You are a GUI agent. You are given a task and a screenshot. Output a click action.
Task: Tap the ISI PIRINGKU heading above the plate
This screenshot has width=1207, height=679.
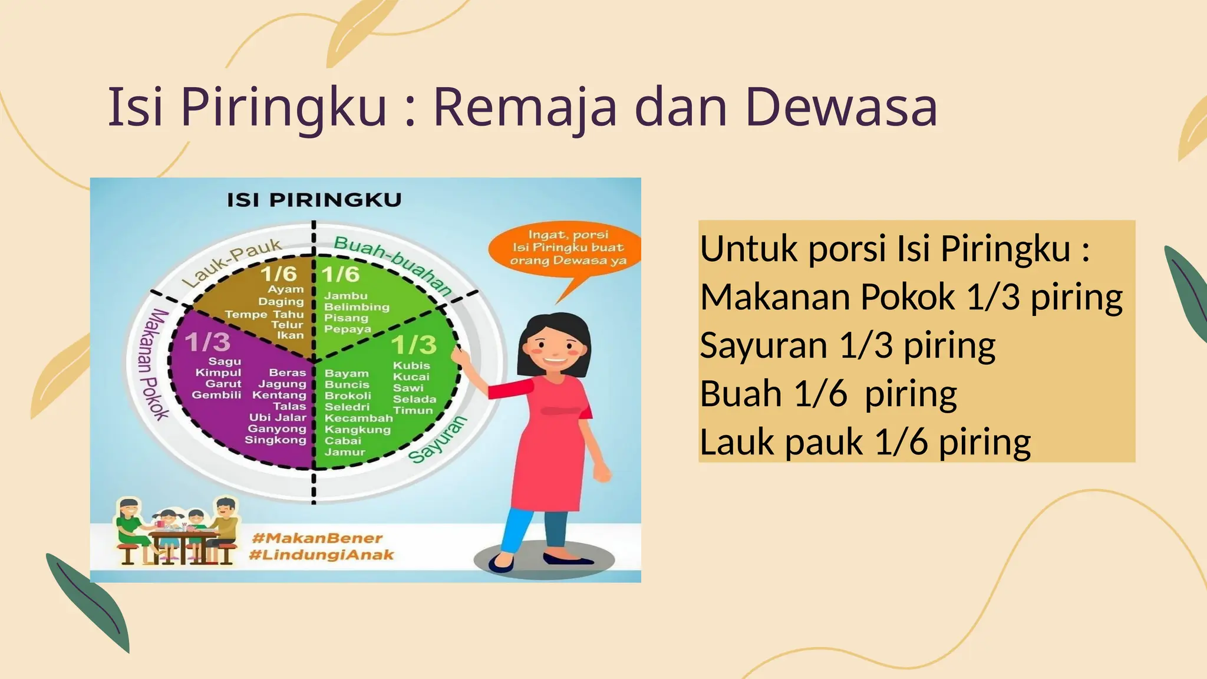click(x=314, y=200)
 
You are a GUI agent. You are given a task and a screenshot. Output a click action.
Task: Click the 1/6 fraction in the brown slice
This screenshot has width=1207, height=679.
click(x=278, y=273)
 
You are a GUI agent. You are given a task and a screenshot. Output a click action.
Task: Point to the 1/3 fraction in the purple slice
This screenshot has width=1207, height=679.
click(x=207, y=342)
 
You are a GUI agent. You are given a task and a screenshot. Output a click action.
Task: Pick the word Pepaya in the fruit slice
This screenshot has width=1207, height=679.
click(x=347, y=329)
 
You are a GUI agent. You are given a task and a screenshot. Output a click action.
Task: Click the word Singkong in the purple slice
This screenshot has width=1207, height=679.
click(x=275, y=440)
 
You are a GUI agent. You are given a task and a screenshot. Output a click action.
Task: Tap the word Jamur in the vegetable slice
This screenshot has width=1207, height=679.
click(x=345, y=452)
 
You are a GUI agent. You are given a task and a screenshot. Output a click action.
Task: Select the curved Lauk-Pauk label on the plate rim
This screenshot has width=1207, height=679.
click(x=232, y=262)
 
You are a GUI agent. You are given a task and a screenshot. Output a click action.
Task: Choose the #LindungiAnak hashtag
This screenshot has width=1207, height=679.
click(x=321, y=555)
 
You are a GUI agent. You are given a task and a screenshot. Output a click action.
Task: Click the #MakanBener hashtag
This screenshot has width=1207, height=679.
click(x=317, y=538)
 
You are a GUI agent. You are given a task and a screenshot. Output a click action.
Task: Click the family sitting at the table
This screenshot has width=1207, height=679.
click(x=177, y=530)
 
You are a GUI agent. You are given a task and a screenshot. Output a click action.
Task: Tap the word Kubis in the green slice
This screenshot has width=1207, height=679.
click(x=411, y=365)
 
